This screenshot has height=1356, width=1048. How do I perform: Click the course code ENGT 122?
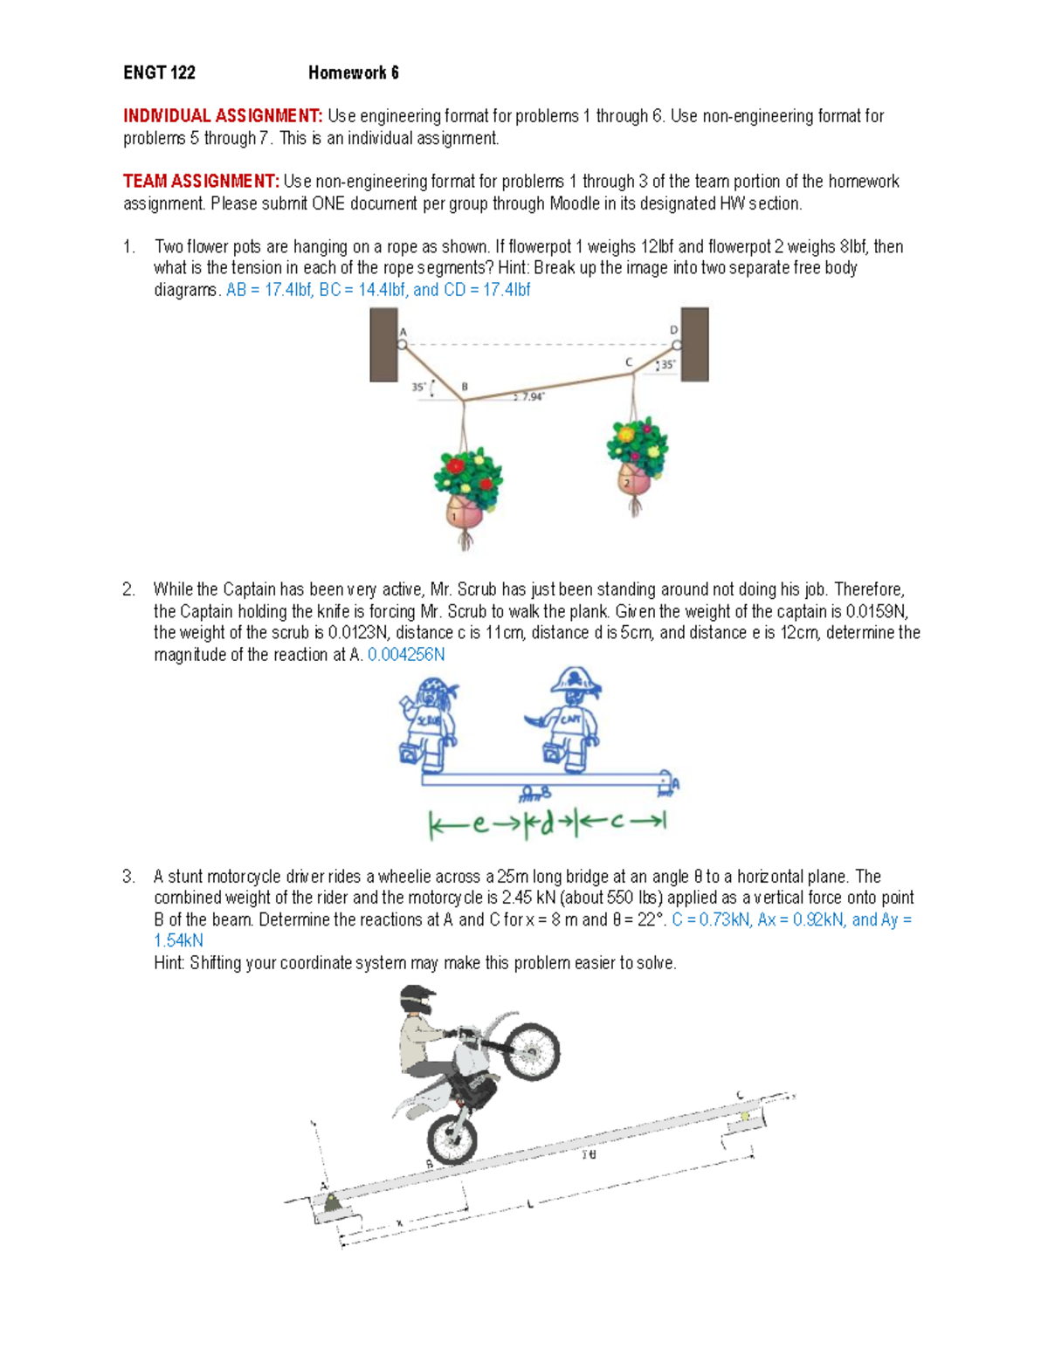[159, 73]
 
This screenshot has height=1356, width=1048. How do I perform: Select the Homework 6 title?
[353, 73]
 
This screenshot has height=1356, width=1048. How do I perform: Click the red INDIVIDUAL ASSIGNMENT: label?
[223, 116]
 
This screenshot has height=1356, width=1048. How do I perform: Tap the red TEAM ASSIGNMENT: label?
[201, 182]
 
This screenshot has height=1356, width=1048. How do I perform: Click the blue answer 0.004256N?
[406, 655]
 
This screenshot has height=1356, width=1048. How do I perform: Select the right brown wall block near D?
[694, 344]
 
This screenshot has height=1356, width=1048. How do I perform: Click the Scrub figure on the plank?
[429, 724]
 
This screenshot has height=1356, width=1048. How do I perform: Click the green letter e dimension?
[479, 823]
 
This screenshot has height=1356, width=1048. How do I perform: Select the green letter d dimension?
[547, 823]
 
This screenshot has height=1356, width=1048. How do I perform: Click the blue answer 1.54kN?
[178, 941]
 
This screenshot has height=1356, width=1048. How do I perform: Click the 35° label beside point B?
[420, 387]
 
